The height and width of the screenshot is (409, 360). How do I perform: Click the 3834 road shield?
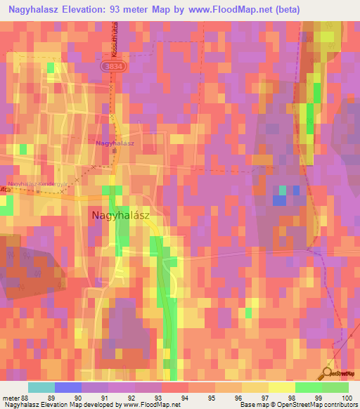pyautogui.click(x=110, y=65)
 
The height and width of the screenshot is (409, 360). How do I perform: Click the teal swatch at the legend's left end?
pyautogui.click(x=41, y=387)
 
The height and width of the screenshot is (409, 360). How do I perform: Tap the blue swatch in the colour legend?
pyautogui.click(x=68, y=387)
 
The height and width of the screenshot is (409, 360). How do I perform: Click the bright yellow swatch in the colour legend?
pyautogui.click(x=282, y=387)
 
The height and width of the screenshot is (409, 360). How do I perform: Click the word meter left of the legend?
pyautogui.click(x=11, y=398)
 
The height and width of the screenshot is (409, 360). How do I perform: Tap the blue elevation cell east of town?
pyautogui.click(x=280, y=200)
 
